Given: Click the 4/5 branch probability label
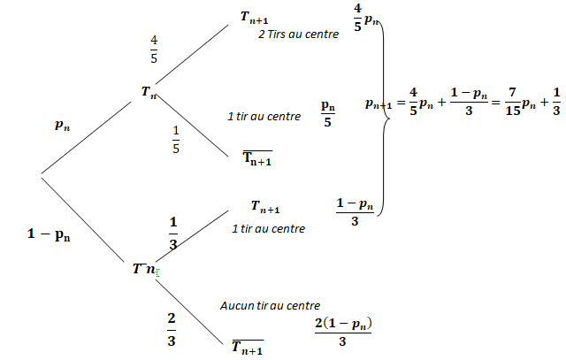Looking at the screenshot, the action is (154, 50).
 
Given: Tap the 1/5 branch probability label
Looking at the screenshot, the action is (176, 140).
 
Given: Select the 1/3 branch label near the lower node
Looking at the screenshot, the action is (173, 233).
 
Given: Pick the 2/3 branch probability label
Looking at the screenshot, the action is (172, 329).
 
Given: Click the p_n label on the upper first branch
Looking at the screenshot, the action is (62, 125).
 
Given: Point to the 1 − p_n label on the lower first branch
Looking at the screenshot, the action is (49, 234).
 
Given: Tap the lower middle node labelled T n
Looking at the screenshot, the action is (144, 268).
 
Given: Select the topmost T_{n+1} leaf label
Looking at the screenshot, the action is (254, 17).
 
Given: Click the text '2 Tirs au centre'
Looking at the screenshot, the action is (299, 34).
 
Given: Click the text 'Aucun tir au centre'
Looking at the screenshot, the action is (270, 305).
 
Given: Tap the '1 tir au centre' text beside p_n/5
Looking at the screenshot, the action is (264, 116).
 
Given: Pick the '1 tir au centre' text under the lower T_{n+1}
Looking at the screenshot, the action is (268, 228).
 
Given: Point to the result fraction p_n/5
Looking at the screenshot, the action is (328, 114).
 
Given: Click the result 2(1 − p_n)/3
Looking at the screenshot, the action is (343, 332).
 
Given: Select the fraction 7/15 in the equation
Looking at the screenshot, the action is (513, 102).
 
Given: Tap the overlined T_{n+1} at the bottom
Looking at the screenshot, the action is (248, 348).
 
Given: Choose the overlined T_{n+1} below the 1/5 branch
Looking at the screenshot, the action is (257, 158).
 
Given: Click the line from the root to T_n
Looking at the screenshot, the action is (87, 138).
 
